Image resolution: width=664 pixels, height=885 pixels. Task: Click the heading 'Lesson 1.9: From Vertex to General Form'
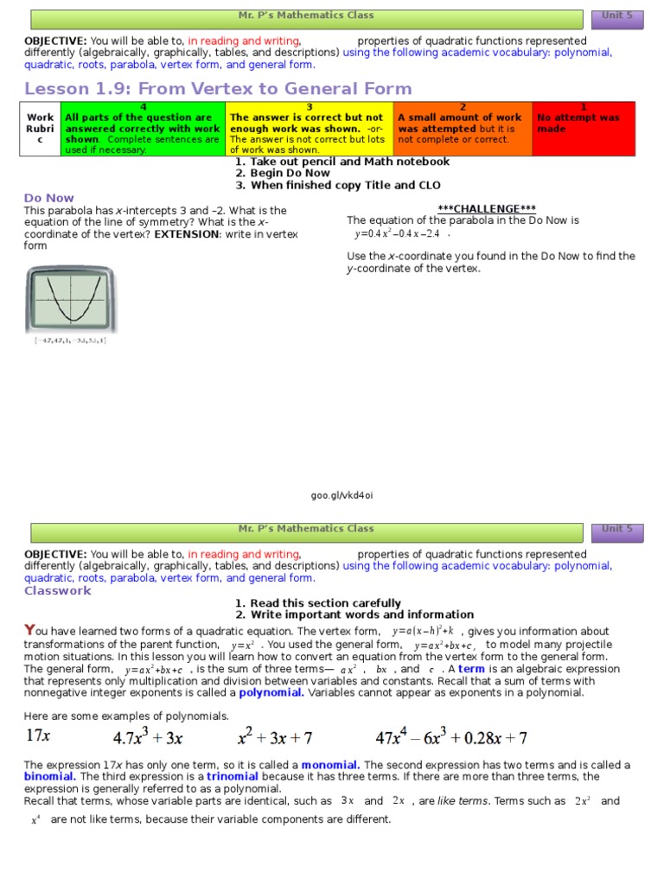(218, 88)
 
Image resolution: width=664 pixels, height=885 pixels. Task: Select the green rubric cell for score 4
(143, 128)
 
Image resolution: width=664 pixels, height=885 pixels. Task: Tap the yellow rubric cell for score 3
(309, 128)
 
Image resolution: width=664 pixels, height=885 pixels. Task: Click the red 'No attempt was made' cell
(583, 128)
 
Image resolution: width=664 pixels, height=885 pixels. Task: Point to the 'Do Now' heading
(49, 198)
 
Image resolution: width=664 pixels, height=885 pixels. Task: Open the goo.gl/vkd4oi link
(342, 495)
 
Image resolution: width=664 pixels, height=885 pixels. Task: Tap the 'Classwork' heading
(57, 591)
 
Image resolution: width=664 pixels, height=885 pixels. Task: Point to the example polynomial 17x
(39, 737)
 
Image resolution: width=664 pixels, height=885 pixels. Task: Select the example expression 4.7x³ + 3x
(148, 737)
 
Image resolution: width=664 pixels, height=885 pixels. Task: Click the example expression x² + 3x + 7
(275, 737)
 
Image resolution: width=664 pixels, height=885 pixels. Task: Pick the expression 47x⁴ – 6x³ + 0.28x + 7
(451, 737)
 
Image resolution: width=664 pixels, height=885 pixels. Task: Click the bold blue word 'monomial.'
(331, 765)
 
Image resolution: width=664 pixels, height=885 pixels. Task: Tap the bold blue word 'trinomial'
(233, 776)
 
